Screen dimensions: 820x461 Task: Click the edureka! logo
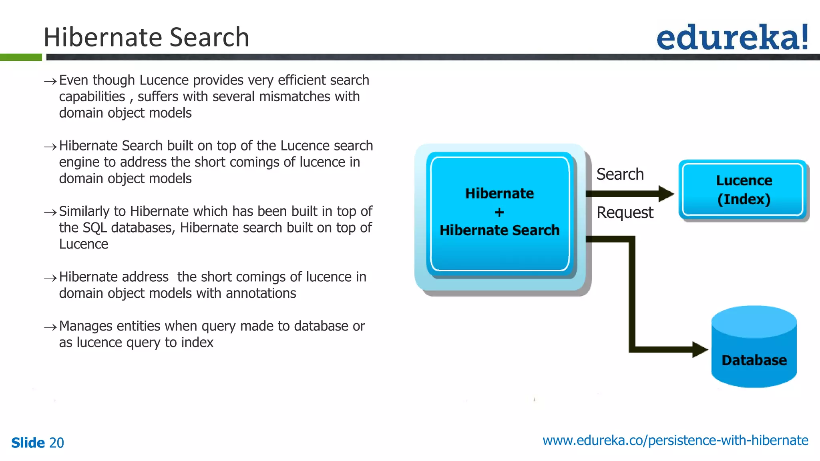[x=732, y=37]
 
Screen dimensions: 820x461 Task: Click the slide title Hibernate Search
[x=146, y=37]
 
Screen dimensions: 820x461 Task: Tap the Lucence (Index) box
[x=744, y=190]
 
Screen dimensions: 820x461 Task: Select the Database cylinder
[x=754, y=347]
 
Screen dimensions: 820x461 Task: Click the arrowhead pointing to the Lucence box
[x=666, y=194]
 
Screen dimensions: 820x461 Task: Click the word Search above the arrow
[x=620, y=174]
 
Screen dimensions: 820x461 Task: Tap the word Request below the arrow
[x=625, y=212]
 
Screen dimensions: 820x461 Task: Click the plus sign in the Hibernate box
[x=499, y=212]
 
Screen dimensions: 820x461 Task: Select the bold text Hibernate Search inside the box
[x=499, y=230]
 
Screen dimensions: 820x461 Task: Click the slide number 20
[x=56, y=443]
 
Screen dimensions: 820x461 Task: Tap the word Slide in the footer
[x=28, y=443]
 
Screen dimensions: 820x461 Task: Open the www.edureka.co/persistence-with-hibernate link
[x=675, y=440]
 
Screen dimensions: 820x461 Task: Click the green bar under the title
[x=21, y=57]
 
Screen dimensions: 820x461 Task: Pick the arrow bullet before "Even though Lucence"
[x=50, y=81]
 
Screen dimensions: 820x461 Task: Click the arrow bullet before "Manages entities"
[x=50, y=327]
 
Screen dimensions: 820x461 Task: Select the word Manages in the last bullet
[x=86, y=326]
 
